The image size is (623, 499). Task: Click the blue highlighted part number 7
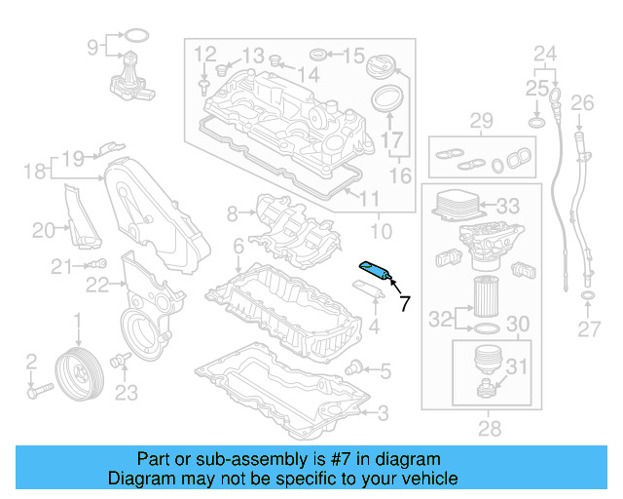(x=375, y=270)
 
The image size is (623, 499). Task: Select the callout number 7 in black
(x=405, y=303)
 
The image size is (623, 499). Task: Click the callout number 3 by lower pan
(x=382, y=413)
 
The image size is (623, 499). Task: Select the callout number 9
(x=93, y=46)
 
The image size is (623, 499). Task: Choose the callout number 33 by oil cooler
(x=508, y=207)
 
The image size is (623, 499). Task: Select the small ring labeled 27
(x=588, y=295)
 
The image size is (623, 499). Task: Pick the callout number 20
(x=43, y=230)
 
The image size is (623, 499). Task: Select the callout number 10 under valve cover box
(x=381, y=232)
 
